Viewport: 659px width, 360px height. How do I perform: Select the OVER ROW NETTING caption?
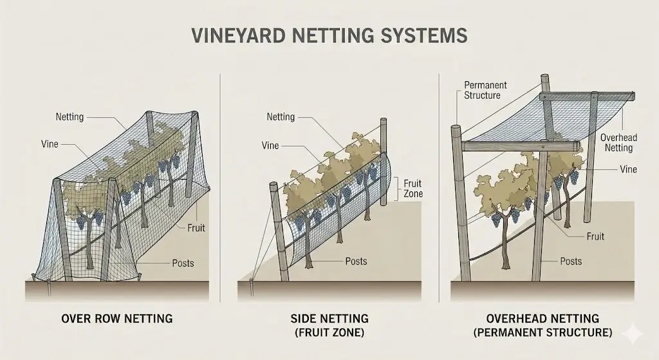(116, 319)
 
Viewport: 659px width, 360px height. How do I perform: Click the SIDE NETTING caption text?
(329, 319)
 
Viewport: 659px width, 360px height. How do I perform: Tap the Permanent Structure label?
(486, 90)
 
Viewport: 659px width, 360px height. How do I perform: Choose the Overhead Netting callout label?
(616, 143)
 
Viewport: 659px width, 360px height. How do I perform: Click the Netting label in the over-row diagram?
(70, 117)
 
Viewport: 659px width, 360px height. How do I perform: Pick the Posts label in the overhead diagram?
(570, 261)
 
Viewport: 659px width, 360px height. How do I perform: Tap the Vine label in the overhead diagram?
(628, 169)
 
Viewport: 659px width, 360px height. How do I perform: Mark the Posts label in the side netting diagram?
(356, 261)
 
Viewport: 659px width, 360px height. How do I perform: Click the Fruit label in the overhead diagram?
(595, 236)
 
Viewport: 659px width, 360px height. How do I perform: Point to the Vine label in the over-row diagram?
(49, 144)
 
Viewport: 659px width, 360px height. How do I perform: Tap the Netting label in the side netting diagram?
(281, 117)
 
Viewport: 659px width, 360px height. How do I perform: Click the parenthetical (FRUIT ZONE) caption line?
(329, 334)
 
